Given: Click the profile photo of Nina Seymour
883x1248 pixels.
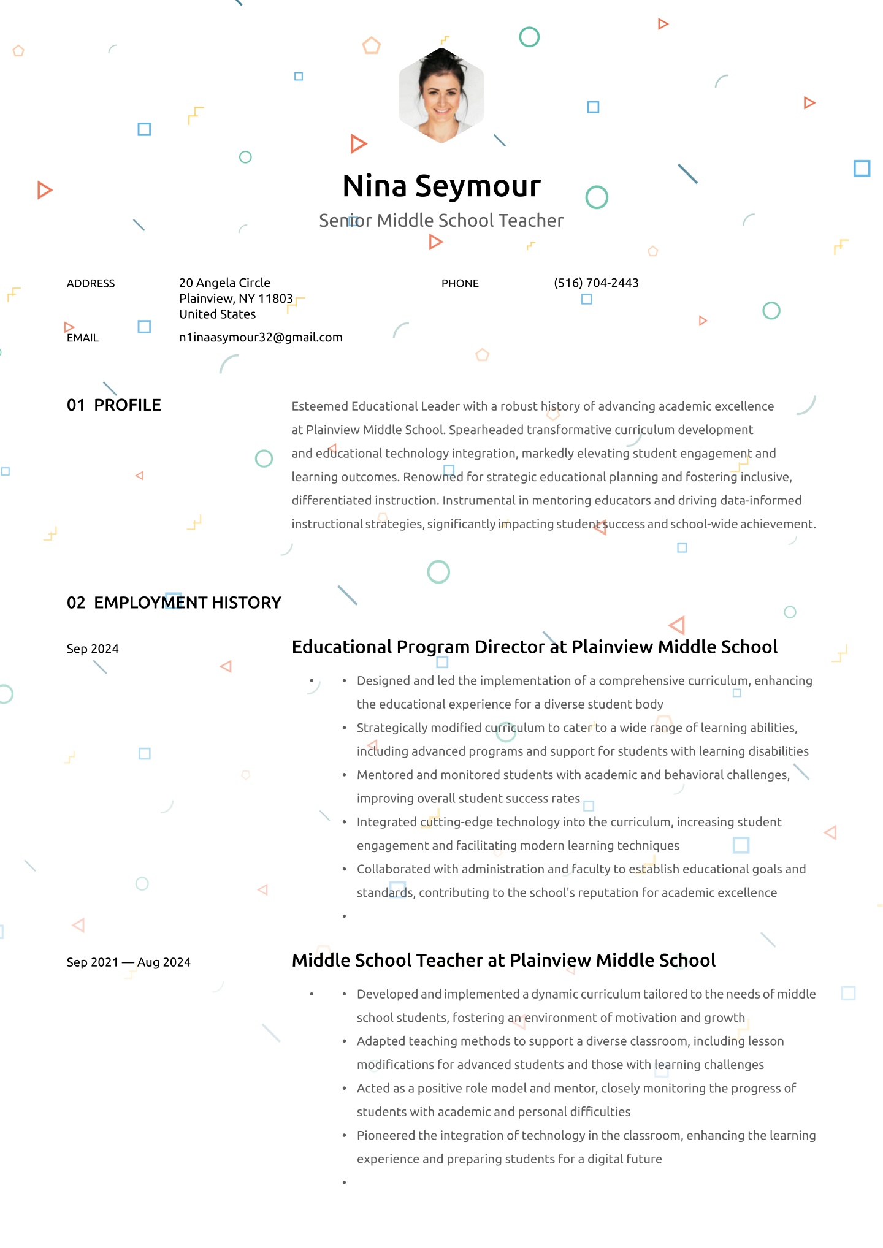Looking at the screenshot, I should pos(442,96).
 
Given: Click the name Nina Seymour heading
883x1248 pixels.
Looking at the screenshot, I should pos(442,186).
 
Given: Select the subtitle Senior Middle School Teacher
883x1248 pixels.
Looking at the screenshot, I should pos(441,221).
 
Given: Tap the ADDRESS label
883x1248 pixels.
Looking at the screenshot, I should pos(91,284).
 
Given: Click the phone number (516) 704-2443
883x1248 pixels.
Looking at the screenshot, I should pos(596,283).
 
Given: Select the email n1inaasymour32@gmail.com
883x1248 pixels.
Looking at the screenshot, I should pos(261,338).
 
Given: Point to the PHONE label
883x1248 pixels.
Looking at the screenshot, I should pos(460,284).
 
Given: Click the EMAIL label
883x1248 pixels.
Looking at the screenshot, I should pos(83,338).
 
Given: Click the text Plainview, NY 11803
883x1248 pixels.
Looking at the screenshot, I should pos(236,299).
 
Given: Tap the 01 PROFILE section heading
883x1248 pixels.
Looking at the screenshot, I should pos(114,405).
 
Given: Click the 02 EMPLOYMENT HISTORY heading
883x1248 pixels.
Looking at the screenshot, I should pos(174,603).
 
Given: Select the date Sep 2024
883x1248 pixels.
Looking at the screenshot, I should pos(93,649).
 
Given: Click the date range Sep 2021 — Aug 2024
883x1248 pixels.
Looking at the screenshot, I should pos(129,962).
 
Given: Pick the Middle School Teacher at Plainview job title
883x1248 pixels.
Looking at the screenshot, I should pos(503,961).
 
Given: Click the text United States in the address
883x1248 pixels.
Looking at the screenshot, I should pos(218,314).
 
